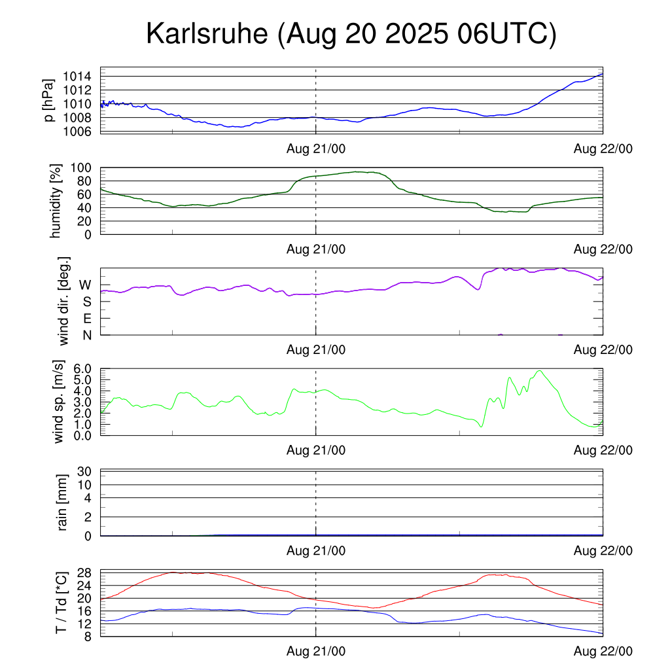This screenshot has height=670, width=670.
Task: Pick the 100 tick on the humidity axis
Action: pyautogui.click(x=83, y=167)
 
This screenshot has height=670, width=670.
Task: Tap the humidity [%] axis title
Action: pyautogui.click(x=56, y=201)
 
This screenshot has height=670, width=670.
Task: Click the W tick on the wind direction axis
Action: pyautogui.click(x=85, y=285)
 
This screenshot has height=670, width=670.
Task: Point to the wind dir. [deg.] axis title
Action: pyautogui.click(x=64, y=302)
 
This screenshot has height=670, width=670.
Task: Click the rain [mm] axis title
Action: pyautogui.click(x=63, y=503)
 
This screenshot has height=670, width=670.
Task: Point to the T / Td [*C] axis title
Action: pyautogui.click(x=61, y=602)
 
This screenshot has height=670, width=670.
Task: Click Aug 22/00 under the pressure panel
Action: pyautogui.click(x=603, y=149)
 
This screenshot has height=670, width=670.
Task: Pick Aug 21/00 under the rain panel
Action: pyautogui.click(x=316, y=551)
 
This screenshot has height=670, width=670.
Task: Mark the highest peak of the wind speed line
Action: pyautogui.click(x=539, y=371)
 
